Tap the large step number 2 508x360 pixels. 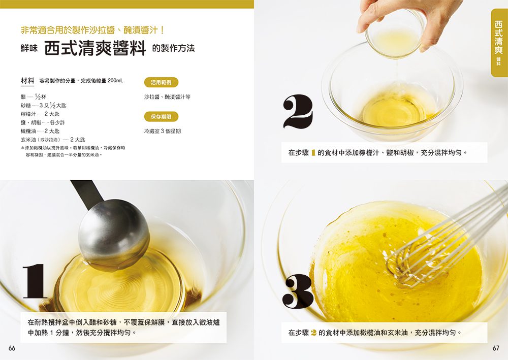pos(298,112)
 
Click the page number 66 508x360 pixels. pos(12,348)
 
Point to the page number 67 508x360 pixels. pos(496,348)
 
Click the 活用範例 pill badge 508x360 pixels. pos(161,82)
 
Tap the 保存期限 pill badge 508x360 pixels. pos(161,117)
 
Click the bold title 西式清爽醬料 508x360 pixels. pos(95,48)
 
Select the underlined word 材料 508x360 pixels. pos(27,81)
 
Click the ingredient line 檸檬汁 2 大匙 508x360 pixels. pos(40,114)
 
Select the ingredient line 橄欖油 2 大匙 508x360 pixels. pos(40,131)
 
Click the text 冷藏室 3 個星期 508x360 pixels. pos(163,131)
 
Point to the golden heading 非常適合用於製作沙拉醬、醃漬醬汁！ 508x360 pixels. pos(92,30)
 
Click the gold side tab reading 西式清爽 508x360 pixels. pos(499,42)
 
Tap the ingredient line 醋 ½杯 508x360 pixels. pos(34,96)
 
